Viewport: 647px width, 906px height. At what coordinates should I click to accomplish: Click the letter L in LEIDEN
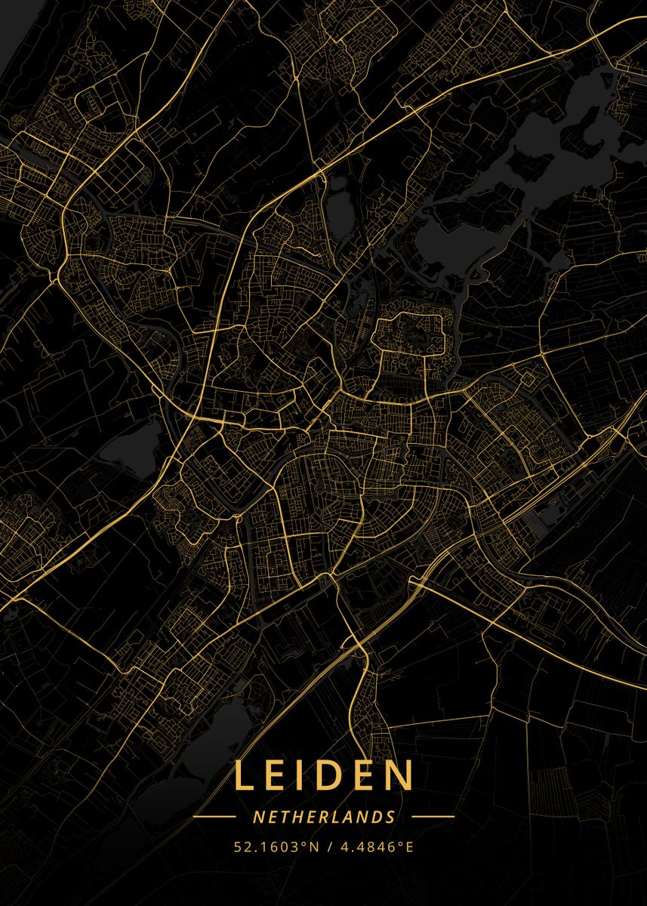pyautogui.click(x=244, y=775)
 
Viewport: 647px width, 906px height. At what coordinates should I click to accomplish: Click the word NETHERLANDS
pyautogui.click(x=324, y=817)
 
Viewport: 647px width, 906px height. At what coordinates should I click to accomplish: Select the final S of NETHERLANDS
pyautogui.click(x=390, y=817)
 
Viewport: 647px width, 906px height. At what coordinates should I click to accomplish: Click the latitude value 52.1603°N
pyautogui.click(x=276, y=847)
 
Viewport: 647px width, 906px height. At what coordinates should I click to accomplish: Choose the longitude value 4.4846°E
pyautogui.click(x=376, y=847)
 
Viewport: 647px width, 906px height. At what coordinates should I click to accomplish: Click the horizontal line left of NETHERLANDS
pyautogui.click(x=215, y=817)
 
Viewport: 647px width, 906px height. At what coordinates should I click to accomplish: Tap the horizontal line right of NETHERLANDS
pyautogui.click(x=433, y=817)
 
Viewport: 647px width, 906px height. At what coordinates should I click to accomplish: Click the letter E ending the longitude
pyautogui.click(x=410, y=847)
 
